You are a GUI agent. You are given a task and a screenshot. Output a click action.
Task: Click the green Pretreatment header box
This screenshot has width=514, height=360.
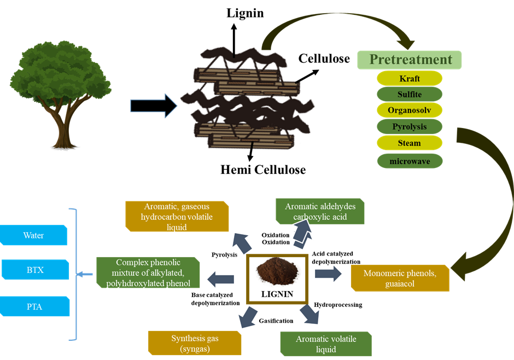pyautogui.click(x=410, y=60)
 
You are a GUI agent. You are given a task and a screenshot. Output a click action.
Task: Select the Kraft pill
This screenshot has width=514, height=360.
pyautogui.click(x=410, y=78)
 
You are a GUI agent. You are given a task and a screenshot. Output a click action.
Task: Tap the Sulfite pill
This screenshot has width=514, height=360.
pyautogui.click(x=410, y=95)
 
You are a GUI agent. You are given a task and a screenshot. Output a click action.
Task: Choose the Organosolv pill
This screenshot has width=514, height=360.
pyautogui.click(x=410, y=111)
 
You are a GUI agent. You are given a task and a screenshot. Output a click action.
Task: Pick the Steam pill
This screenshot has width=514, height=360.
pyautogui.click(x=410, y=143)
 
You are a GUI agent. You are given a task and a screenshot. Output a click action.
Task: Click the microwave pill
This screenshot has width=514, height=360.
pyautogui.click(x=410, y=161)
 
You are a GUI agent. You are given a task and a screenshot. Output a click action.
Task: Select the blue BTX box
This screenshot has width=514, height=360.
pyautogui.click(x=36, y=270)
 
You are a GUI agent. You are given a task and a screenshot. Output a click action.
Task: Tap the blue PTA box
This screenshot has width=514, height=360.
pyautogui.click(x=36, y=306)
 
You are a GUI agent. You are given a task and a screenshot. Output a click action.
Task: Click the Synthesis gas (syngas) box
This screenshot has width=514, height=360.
pyautogui.click(x=195, y=343)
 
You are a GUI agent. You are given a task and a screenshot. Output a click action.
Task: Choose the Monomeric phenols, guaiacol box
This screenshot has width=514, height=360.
pyautogui.click(x=400, y=278)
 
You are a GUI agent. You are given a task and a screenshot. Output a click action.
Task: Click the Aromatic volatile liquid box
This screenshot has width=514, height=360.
pyautogui.click(x=326, y=344)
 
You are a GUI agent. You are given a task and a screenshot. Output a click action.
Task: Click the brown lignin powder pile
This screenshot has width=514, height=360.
pyautogui.click(x=278, y=270)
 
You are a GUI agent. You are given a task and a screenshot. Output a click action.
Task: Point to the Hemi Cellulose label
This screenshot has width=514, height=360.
pyautogui.click(x=263, y=170)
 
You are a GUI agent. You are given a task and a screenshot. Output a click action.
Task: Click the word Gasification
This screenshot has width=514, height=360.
pyautogui.click(x=276, y=321)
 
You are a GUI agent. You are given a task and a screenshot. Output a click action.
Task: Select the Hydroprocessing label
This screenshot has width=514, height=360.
pyautogui.click(x=338, y=305)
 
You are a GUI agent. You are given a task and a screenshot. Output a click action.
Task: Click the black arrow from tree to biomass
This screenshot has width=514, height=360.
pyautogui.click(x=154, y=105)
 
